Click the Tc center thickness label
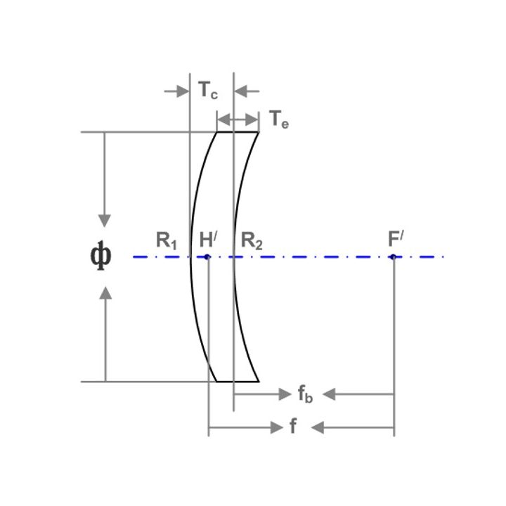(x=208, y=90)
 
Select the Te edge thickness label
(x=279, y=119)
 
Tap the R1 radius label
(x=166, y=241)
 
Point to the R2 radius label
(x=252, y=241)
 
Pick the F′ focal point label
(x=396, y=239)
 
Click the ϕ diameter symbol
(x=100, y=256)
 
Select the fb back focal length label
(x=305, y=394)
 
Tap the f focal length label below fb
(x=293, y=426)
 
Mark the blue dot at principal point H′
(x=207, y=257)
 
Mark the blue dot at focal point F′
(x=393, y=257)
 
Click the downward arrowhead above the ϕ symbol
(x=104, y=221)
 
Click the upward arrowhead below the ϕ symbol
(x=105, y=293)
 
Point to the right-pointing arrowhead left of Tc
(x=183, y=91)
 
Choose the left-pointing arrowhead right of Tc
(x=241, y=91)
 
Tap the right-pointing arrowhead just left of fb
(x=285, y=394)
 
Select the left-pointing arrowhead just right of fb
(x=329, y=394)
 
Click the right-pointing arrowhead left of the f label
(x=277, y=427)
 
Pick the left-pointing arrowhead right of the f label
(x=318, y=427)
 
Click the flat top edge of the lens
(x=238, y=132)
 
